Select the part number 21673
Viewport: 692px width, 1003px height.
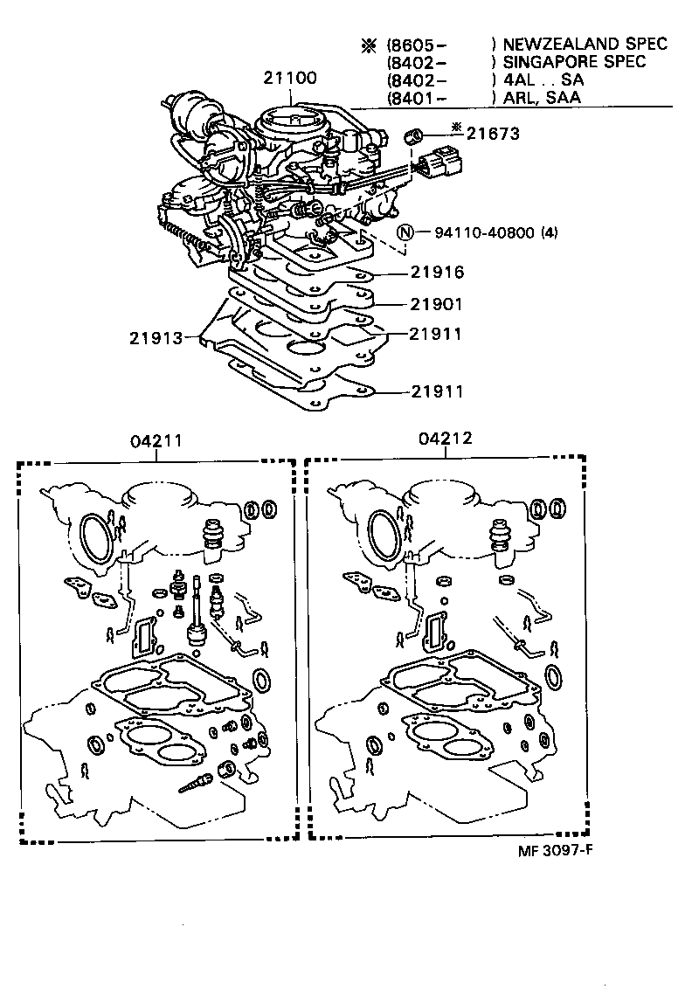click(493, 134)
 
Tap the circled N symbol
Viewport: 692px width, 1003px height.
click(405, 232)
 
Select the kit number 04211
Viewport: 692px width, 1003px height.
click(156, 441)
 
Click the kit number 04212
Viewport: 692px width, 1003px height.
click(445, 439)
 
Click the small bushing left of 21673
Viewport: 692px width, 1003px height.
click(416, 137)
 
